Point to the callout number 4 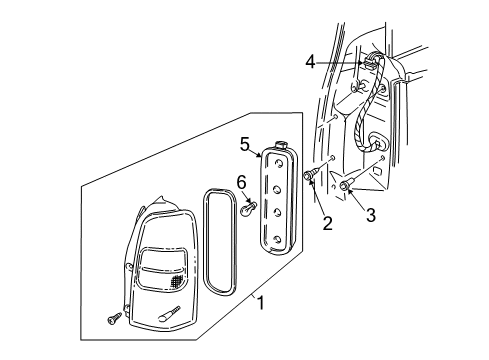coord(311,62)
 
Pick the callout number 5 coord(244,144)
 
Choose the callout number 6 coord(240,181)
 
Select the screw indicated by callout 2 coord(310,177)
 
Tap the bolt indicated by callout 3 coord(345,185)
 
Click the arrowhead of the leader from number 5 coord(262,157)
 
